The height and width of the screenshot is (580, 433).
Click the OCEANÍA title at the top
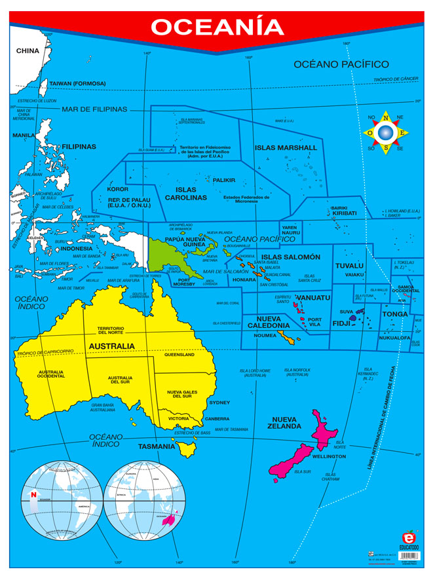(x=217, y=27)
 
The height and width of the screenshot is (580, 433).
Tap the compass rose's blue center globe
(x=386, y=134)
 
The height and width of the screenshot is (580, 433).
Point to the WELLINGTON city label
(x=329, y=456)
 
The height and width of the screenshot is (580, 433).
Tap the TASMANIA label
(x=157, y=446)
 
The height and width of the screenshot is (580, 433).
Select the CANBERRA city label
(x=217, y=418)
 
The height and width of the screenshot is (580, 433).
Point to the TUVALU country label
(x=349, y=265)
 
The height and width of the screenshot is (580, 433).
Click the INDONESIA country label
(x=77, y=249)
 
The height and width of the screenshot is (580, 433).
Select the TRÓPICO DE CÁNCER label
(x=396, y=79)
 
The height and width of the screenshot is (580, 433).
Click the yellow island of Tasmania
(x=187, y=448)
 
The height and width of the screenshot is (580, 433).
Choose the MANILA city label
(x=23, y=136)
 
